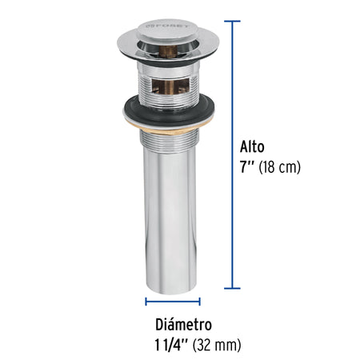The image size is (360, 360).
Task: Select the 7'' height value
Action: [246, 169]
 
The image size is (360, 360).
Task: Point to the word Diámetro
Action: [184, 325]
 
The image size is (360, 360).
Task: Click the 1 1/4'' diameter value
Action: [171, 345]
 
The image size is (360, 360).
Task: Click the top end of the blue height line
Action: [234, 22]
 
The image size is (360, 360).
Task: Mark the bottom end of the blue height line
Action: [234, 286]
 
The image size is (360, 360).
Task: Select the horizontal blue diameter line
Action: [173, 302]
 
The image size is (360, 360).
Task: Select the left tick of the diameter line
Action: [146, 302]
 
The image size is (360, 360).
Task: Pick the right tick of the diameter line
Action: [200, 302]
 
